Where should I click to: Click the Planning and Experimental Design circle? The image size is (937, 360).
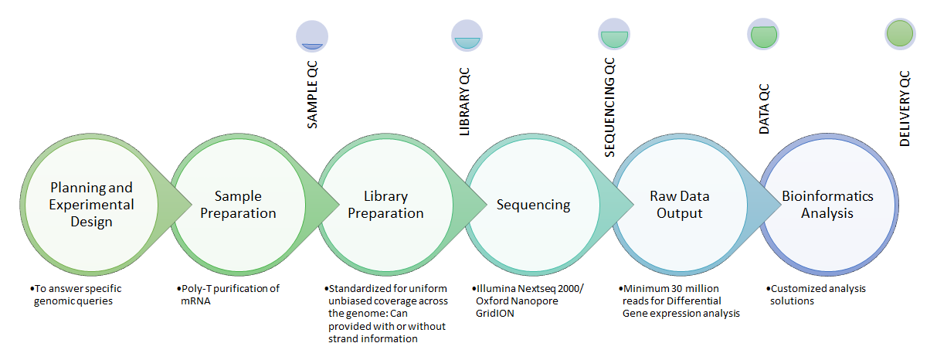pyautogui.click(x=91, y=205)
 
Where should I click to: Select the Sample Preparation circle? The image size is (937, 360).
pyautogui.click(x=239, y=205)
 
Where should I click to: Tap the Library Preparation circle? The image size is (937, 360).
pyautogui.click(x=385, y=205)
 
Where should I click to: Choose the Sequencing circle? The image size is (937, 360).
pyautogui.click(x=533, y=205)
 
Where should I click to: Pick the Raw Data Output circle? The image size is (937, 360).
pyautogui.click(x=681, y=205)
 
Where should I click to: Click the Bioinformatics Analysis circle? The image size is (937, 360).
pyautogui.click(x=828, y=205)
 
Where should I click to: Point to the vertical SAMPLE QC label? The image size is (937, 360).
pyautogui.click(x=312, y=94)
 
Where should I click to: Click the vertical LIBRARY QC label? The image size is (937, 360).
pyautogui.click(x=464, y=102)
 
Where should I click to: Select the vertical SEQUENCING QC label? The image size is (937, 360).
pyautogui.click(x=609, y=107)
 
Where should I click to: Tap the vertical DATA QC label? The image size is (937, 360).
pyautogui.click(x=764, y=109)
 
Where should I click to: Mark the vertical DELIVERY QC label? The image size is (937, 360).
pyautogui.click(x=905, y=109)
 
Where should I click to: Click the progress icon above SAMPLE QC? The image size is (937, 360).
pyautogui.click(x=312, y=36)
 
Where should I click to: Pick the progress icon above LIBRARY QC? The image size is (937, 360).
pyautogui.click(x=467, y=36)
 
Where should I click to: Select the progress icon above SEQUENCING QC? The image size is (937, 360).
pyautogui.click(x=614, y=34)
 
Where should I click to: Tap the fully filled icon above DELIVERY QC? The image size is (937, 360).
pyautogui.click(x=900, y=34)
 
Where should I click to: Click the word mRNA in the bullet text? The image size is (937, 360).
pyautogui.click(x=195, y=301)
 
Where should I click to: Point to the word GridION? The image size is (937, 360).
pyautogui.click(x=495, y=313)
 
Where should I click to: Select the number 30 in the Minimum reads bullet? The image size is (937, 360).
pyautogui.click(x=677, y=288)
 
